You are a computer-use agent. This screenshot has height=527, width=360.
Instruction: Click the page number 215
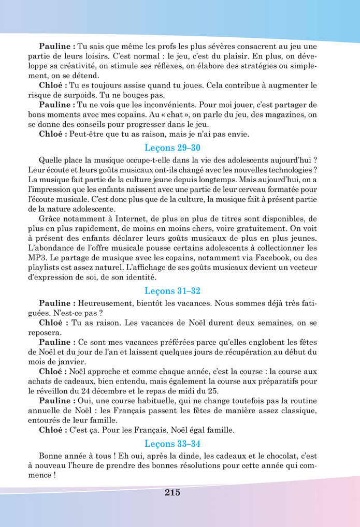(172, 492)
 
